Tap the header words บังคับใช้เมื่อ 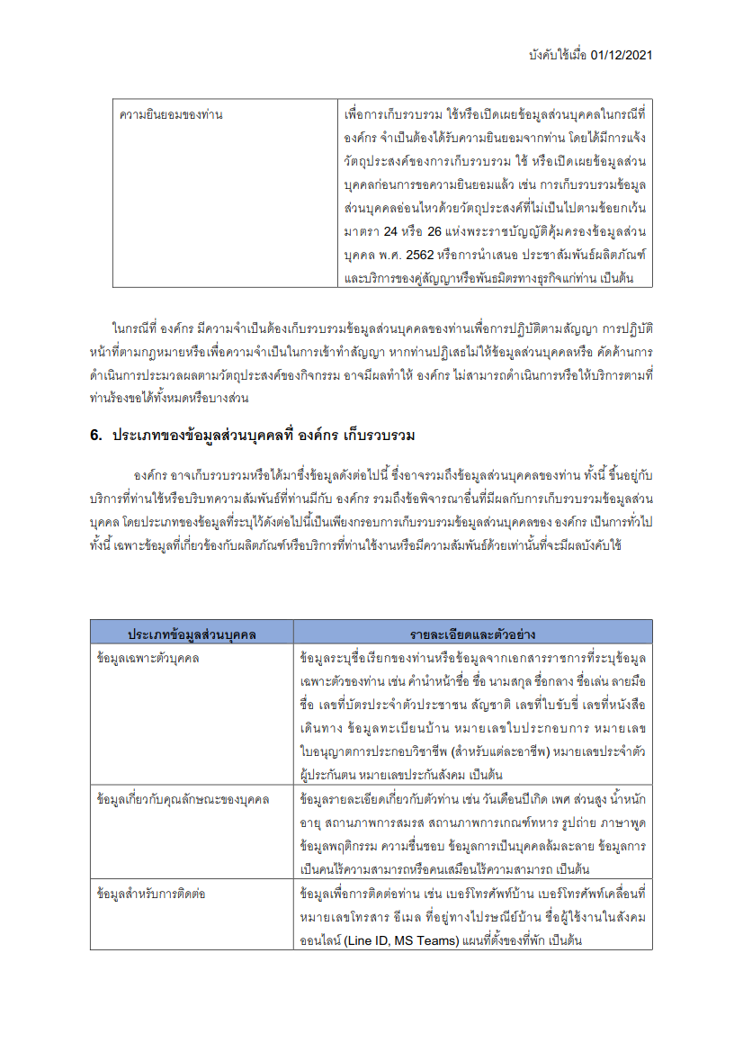click(559, 55)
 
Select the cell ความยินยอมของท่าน click(171, 115)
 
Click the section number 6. click(95, 436)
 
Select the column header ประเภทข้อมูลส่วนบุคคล click(192, 634)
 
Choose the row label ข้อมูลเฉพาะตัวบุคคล click(148, 658)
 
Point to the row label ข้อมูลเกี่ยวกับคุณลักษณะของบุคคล click(184, 799)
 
